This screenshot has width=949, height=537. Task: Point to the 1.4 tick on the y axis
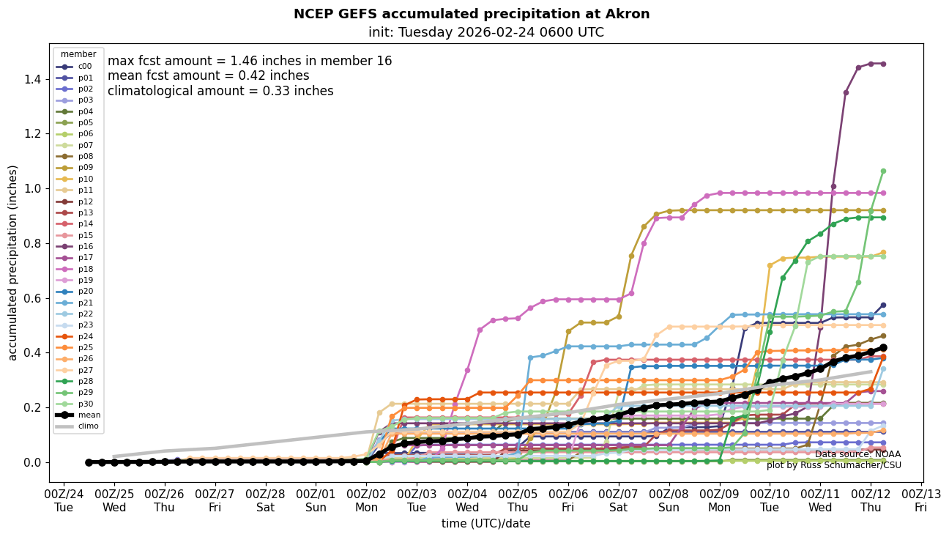click(x=34, y=79)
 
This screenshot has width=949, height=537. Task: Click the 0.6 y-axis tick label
click(x=34, y=298)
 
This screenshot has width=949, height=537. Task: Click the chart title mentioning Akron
click(x=471, y=14)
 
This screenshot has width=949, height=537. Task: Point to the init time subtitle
click(x=485, y=32)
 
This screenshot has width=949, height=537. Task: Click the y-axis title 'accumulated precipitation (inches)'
click(x=12, y=262)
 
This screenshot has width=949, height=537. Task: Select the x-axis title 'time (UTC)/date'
click(x=485, y=524)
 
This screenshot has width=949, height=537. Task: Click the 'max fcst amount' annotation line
click(x=249, y=61)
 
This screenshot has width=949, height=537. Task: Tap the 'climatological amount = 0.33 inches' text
click(x=220, y=91)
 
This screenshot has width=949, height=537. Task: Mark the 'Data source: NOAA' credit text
click(x=857, y=454)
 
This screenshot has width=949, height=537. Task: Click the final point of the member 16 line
click(x=883, y=64)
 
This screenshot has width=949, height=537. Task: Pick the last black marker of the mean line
click(x=883, y=347)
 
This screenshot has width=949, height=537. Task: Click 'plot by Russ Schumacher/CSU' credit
click(x=833, y=465)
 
